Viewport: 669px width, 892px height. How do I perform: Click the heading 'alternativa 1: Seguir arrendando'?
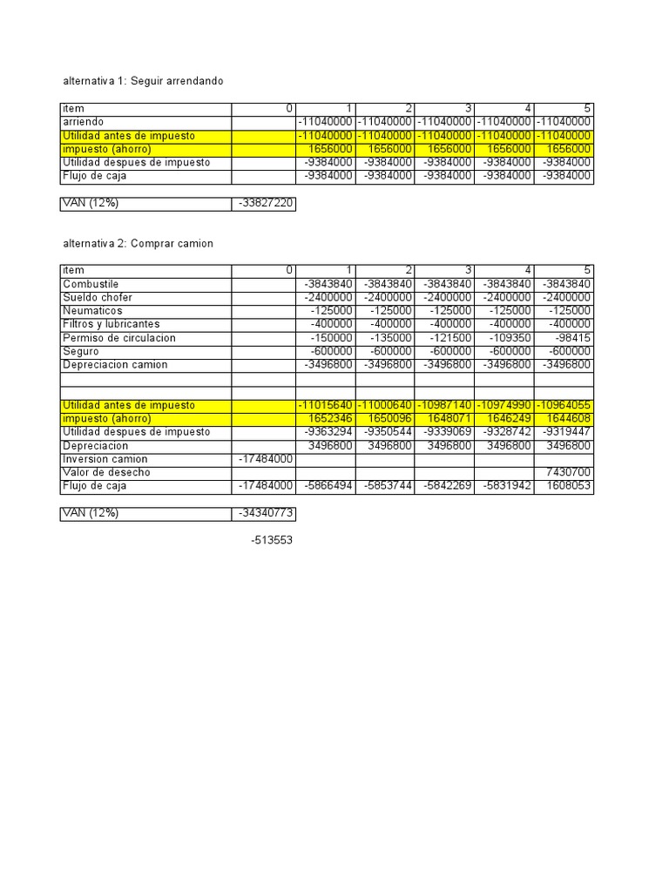pyautogui.click(x=144, y=81)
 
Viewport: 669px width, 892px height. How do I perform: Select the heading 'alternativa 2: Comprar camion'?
pyautogui.click(x=138, y=244)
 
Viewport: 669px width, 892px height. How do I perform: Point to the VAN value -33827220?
pyautogui.click(x=267, y=205)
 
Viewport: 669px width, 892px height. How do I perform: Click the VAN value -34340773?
pyautogui.click(x=267, y=514)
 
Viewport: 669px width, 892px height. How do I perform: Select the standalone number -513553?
pyautogui.click(x=272, y=540)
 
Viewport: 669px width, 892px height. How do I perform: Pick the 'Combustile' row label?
pyautogui.click(x=91, y=285)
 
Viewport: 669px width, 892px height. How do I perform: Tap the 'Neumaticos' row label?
pyautogui.click(x=92, y=311)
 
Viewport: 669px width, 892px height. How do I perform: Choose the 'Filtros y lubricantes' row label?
pyautogui.click(x=111, y=324)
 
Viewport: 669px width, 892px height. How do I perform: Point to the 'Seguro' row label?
pyautogui.click(x=82, y=351)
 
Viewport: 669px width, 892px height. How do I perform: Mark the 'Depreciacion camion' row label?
pyautogui.click(x=115, y=365)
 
